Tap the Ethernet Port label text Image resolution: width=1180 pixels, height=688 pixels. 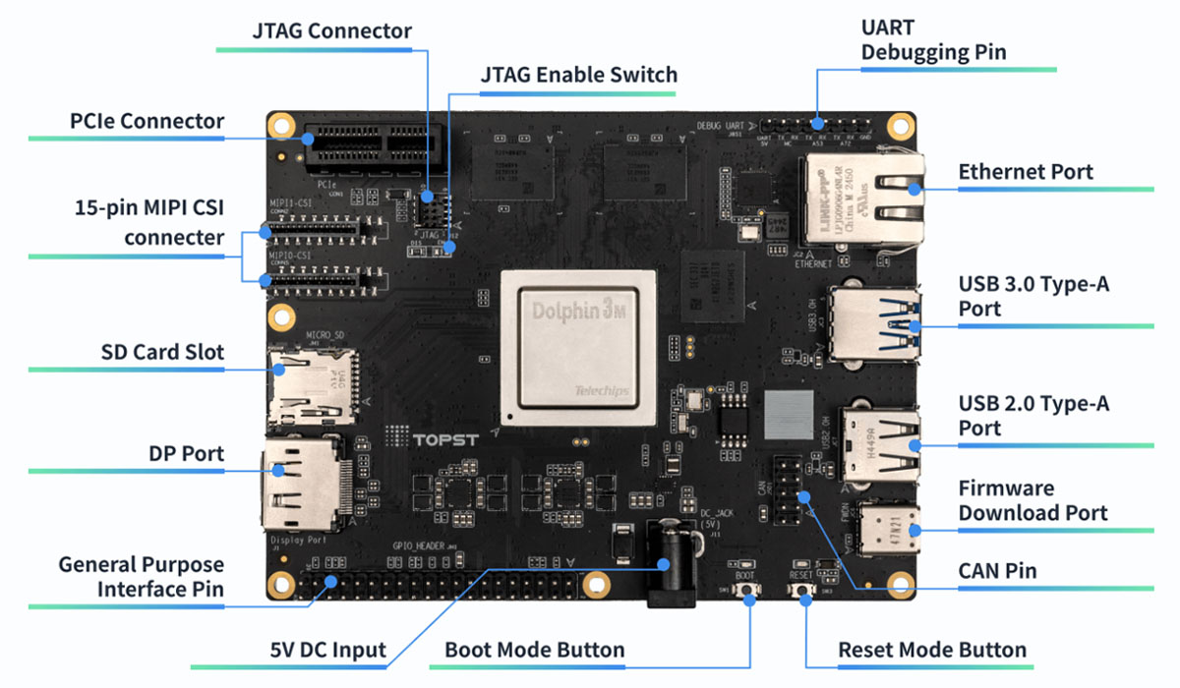1026,172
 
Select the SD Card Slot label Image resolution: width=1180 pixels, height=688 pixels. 162,352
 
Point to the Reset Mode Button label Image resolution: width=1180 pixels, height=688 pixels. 931,650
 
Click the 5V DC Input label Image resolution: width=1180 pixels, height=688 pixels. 327,650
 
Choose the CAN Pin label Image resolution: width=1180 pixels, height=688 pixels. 997,570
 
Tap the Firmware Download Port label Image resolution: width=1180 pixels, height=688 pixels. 1032,500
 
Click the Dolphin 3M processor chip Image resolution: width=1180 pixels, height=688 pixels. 577,347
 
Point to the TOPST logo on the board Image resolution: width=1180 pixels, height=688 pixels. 444,437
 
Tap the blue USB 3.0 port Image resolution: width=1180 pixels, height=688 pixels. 874,322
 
